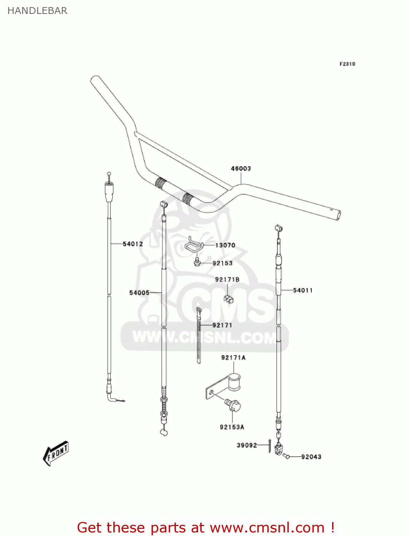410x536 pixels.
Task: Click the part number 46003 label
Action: tap(241, 168)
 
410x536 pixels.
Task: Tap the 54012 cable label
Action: tap(133, 244)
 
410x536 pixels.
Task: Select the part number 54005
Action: tap(139, 293)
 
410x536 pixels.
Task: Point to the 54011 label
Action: tap(302, 290)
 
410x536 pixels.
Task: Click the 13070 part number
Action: tap(225, 245)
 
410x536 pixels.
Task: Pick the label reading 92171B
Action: tap(227, 279)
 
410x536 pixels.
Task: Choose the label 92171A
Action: tap(233, 357)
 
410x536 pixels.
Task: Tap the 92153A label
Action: tap(232, 427)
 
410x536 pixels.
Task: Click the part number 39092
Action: tap(247, 445)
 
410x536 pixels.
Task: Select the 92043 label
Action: tap(311, 457)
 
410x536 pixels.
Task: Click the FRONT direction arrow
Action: tap(56, 453)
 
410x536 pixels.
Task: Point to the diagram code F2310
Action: tap(347, 64)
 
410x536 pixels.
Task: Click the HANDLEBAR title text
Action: tap(37, 11)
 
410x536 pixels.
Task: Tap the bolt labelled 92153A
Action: tap(233, 405)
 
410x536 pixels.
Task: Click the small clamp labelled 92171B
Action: tap(228, 299)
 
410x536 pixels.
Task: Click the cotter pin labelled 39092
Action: tap(270, 446)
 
